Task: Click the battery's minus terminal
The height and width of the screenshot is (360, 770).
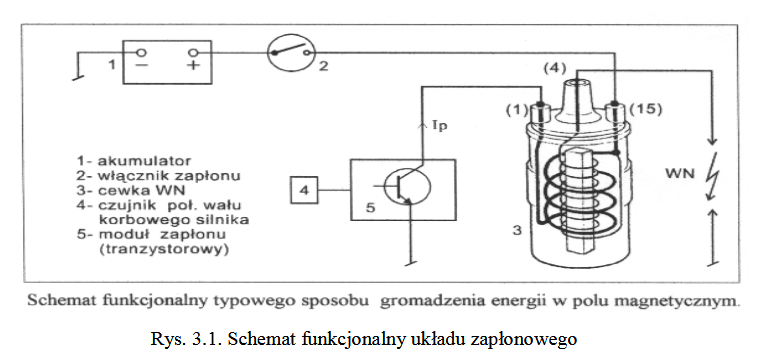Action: [x=141, y=53]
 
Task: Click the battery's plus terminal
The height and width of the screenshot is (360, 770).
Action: [x=194, y=53]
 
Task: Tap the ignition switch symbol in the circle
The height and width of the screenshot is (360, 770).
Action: [x=291, y=53]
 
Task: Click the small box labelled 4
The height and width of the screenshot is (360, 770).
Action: [x=305, y=190]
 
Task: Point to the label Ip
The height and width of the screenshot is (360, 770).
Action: [x=440, y=126]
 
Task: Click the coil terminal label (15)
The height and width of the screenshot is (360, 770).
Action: [x=646, y=109]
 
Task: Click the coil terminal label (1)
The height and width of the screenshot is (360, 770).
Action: [x=517, y=110]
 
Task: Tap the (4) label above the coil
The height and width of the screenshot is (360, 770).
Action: [x=554, y=67]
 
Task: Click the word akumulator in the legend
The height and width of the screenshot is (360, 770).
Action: [x=144, y=161]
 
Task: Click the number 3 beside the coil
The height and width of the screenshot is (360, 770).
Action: [x=517, y=229]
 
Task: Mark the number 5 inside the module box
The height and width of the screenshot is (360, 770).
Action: [x=371, y=208]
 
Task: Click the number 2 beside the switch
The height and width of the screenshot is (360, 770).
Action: [x=323, y=65]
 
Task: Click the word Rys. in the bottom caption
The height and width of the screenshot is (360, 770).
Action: [x=164, y=339]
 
